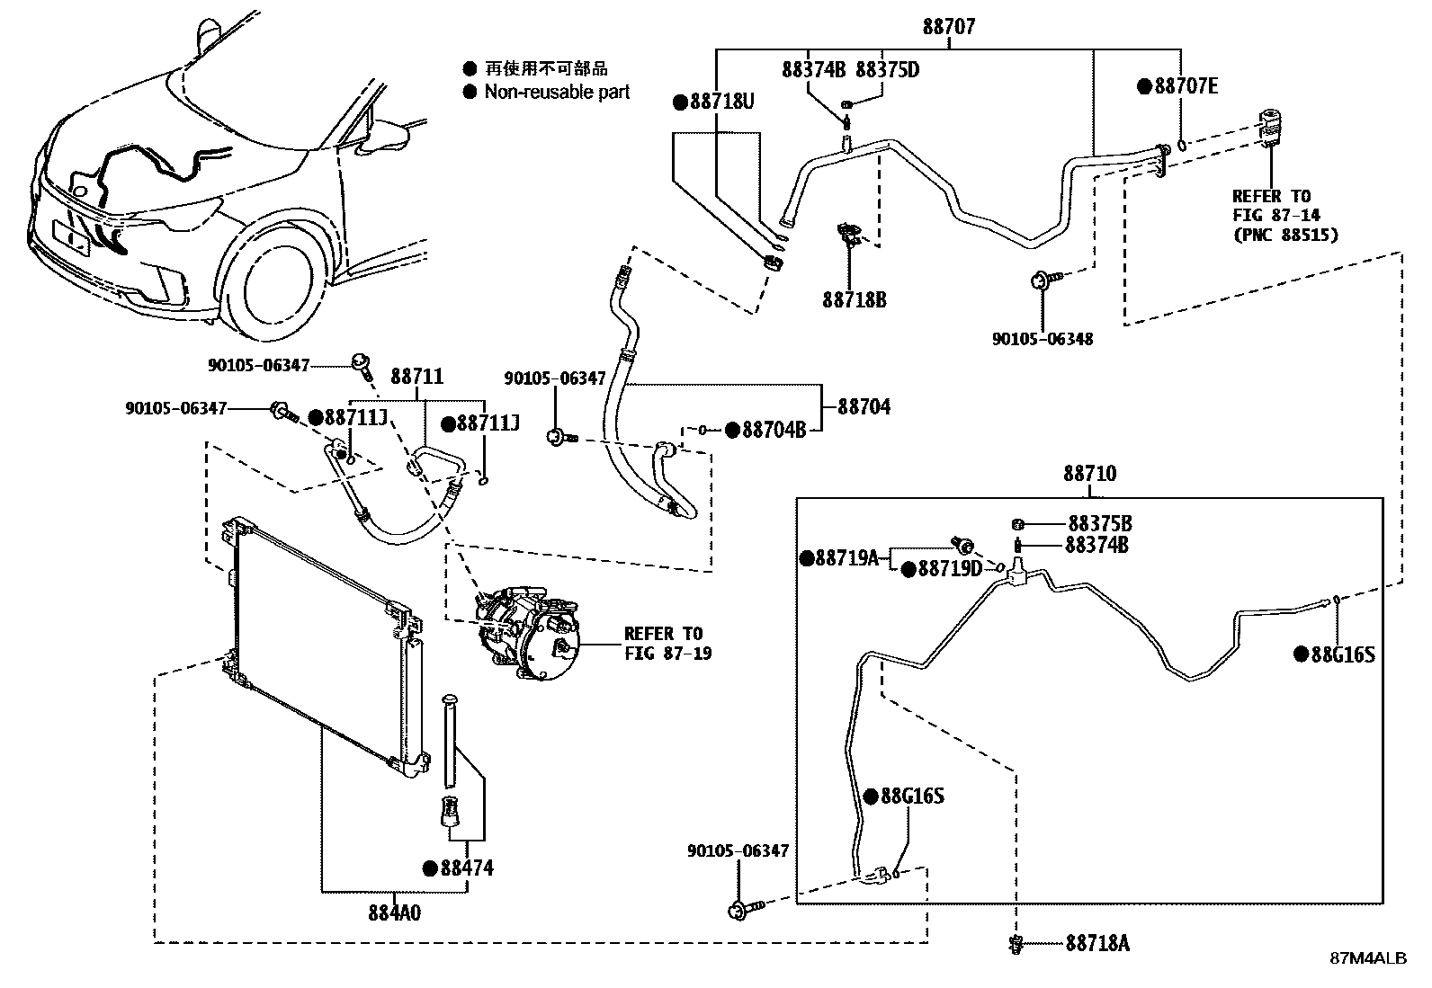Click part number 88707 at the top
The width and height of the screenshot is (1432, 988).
[x=948, y=28]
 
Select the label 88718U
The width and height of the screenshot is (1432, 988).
[x=721, y=102]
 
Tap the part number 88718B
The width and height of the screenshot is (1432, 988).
[x=854, y=299]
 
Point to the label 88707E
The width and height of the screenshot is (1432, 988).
[x=1186, y=86]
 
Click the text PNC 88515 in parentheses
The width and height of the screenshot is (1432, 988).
[x=1285, y=235]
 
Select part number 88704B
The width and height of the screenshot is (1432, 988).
[x=774, y=430]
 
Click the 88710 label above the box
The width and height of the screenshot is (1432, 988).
[x=1089, y=473]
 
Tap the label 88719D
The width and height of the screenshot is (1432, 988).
[x=949, y=569]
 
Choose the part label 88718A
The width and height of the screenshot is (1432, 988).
[x=1097, y=943]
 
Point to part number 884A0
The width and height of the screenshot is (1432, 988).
[x=393, y=912]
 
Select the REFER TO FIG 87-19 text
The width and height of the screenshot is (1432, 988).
[x=667, y=644]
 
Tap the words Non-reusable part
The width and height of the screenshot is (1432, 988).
[x=557, y=92]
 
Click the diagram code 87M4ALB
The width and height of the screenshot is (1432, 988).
[x=1369, y=958]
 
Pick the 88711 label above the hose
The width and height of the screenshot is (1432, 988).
[x=416, y=377]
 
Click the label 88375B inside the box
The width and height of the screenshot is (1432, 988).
[x=1099, y=523]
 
